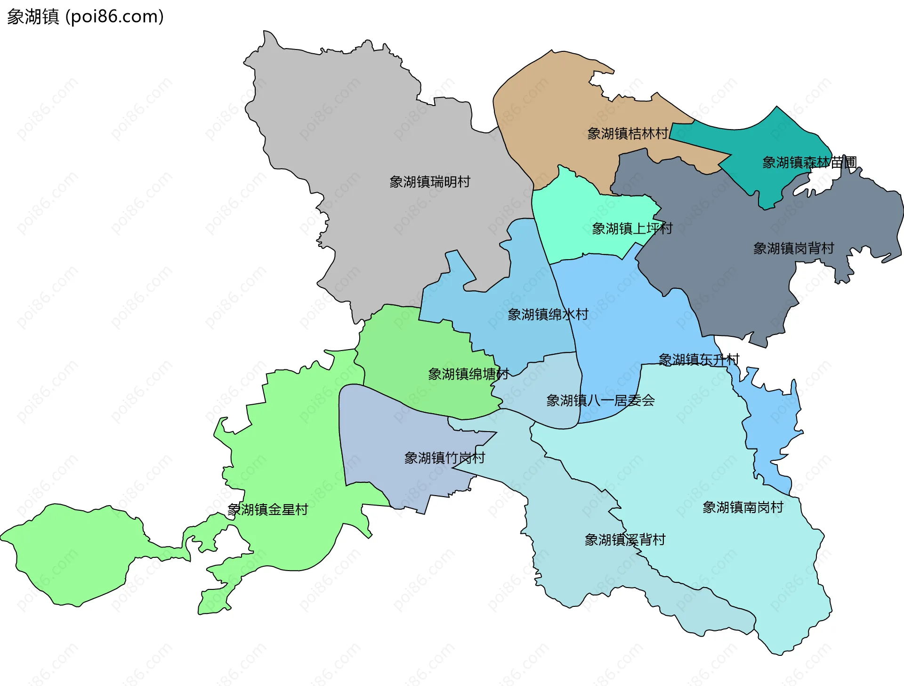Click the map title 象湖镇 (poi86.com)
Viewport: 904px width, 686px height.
pyautogui.click(x=85, y=16)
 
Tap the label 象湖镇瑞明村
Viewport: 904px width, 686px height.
pyautogui.click(x=429, y=182)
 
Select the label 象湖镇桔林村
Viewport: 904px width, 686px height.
pyautogui.click(x=627, y=134)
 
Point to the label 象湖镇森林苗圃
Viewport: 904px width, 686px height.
pyautogui.click(x=809, y=163)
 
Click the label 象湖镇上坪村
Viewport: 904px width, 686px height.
pyautogui.click(x=632, y=229)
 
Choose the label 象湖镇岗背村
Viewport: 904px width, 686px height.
pyautogui.click(x=793, y=248)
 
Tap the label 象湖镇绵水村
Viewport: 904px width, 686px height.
pyautogui.click(x=548, y=315)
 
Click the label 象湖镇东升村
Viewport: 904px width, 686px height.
pyautogui.click(x=699, y=360)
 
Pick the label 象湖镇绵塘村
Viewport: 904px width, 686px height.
pyautogui.click(x=468, y=375)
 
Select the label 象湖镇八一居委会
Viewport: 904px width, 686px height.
pyautogui.click(x=600, y=401)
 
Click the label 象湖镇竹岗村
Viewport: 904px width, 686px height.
pyautogui.click(x=444, y=458)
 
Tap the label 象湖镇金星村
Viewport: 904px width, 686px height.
pyautogui.click(x=267, y=510)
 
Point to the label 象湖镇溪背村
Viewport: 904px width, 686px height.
pyautogui.click(x=625, y=540)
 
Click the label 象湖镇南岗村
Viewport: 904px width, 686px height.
pyautogui.click(x=743, y=507)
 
